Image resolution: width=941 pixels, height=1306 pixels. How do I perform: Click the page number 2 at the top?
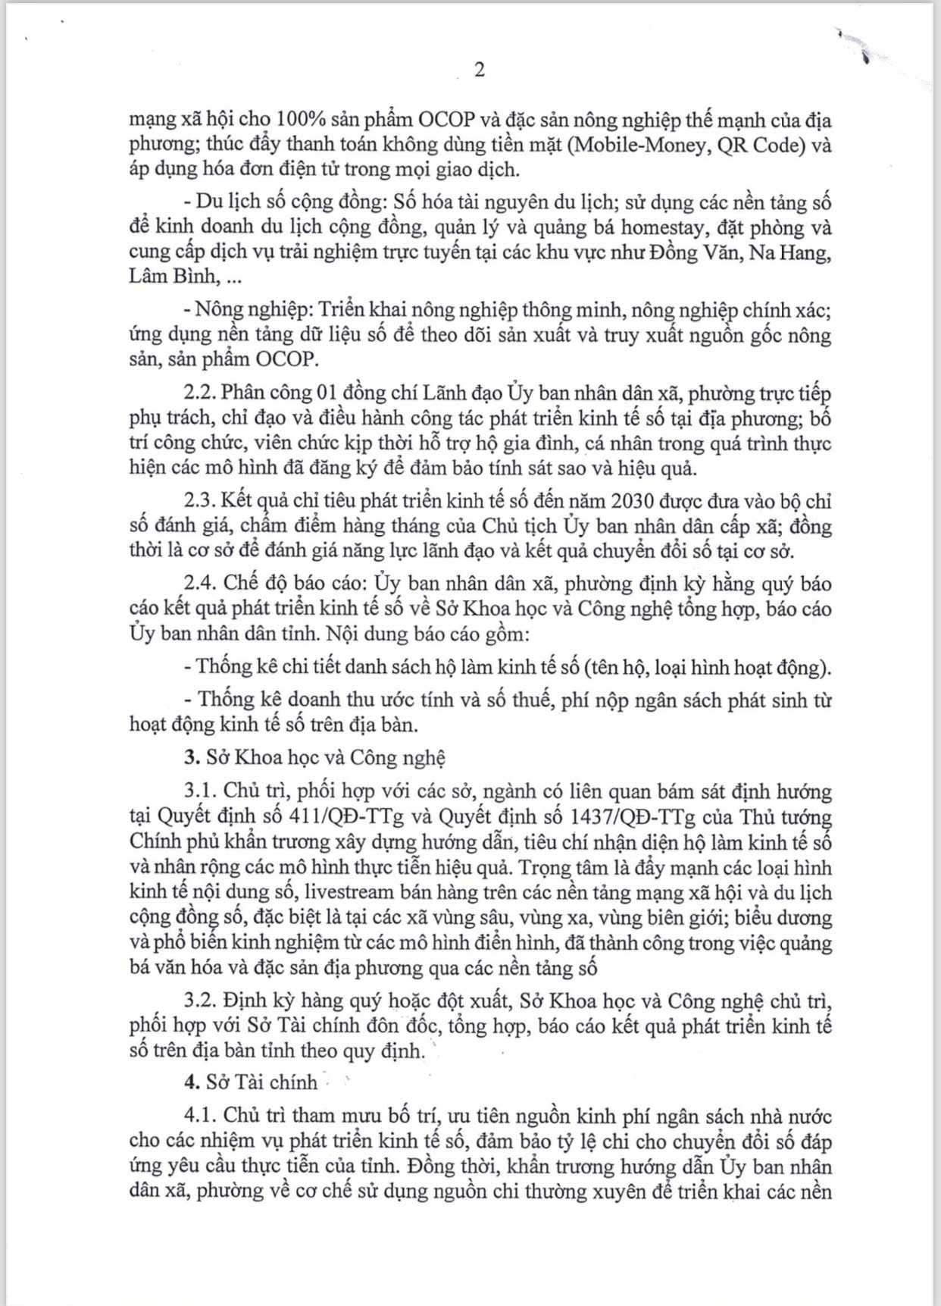(479, 70)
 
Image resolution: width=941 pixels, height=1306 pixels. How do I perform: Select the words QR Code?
(762, 145)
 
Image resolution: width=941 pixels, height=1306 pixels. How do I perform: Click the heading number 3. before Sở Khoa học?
(192, 758)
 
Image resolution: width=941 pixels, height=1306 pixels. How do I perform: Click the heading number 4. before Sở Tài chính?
(192, 1083)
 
